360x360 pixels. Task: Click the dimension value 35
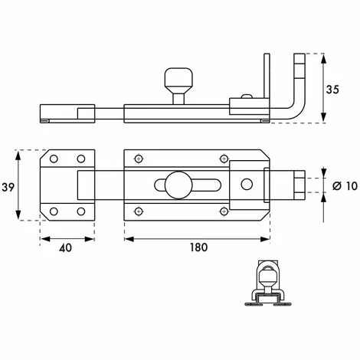(332, 90)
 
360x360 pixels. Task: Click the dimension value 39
(8, 187)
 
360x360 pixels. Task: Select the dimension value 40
(65, 247)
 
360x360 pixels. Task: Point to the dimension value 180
(198, 247)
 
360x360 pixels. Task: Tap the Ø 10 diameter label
(345, 186)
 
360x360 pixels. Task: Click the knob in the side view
(178, 86)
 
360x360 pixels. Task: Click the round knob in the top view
(178, 185)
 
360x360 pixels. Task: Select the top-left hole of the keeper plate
(54, 159)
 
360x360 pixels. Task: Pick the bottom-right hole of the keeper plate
(81, 211)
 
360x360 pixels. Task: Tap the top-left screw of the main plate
(139, 159)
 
